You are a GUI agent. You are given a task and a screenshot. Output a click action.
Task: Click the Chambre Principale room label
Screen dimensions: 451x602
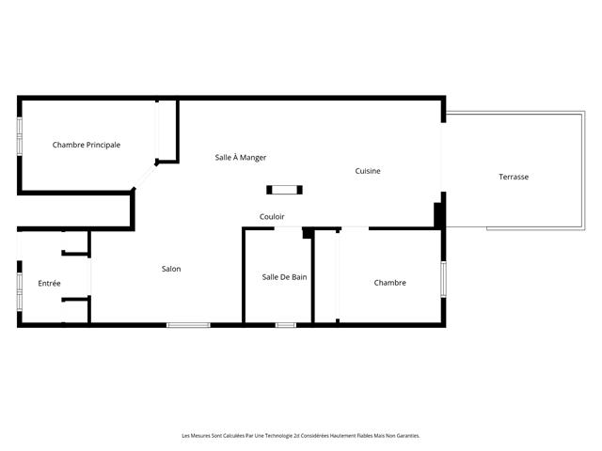coord(87,145)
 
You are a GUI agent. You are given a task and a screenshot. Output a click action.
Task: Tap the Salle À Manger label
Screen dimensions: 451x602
coord(241,157)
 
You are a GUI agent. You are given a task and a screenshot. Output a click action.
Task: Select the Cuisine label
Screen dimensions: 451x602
coord(367,171)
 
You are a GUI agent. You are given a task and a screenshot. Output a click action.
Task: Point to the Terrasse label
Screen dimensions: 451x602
coord(514,177)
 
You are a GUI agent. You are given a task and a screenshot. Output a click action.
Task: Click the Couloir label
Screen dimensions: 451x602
coord(272,216)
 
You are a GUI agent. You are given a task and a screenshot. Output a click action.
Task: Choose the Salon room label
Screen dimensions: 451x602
coord(171,269)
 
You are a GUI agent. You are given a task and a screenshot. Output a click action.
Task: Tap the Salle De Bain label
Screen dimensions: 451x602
coord(284,276)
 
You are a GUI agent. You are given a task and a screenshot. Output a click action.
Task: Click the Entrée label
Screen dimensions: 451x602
coord(49,283)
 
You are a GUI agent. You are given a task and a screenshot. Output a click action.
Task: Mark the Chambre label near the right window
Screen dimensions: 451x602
coord(389,282)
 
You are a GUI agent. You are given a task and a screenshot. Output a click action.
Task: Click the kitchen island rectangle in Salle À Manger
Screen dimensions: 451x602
coord(284,190)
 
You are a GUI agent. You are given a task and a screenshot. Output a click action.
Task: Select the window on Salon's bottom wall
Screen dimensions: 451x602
coord(188,325)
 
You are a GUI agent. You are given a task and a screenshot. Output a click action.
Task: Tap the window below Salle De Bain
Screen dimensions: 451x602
coord(286,325)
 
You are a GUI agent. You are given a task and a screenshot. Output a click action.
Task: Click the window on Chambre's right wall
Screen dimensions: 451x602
coord(442,280)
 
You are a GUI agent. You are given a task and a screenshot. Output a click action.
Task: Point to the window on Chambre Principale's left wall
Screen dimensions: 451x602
coord(19,136)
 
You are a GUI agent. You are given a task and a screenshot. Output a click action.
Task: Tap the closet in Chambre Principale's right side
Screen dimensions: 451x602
coord(167,132)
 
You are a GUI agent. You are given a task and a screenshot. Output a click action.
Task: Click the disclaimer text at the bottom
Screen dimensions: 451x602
coord(300,436)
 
